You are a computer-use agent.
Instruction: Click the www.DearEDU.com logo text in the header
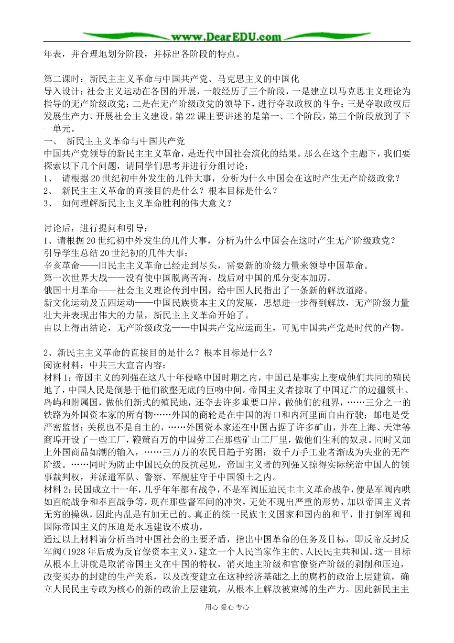click(227, 36)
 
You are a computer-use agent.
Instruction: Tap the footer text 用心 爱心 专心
click(227, 607)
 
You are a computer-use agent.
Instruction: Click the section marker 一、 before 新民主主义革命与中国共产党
click(50, 141)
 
